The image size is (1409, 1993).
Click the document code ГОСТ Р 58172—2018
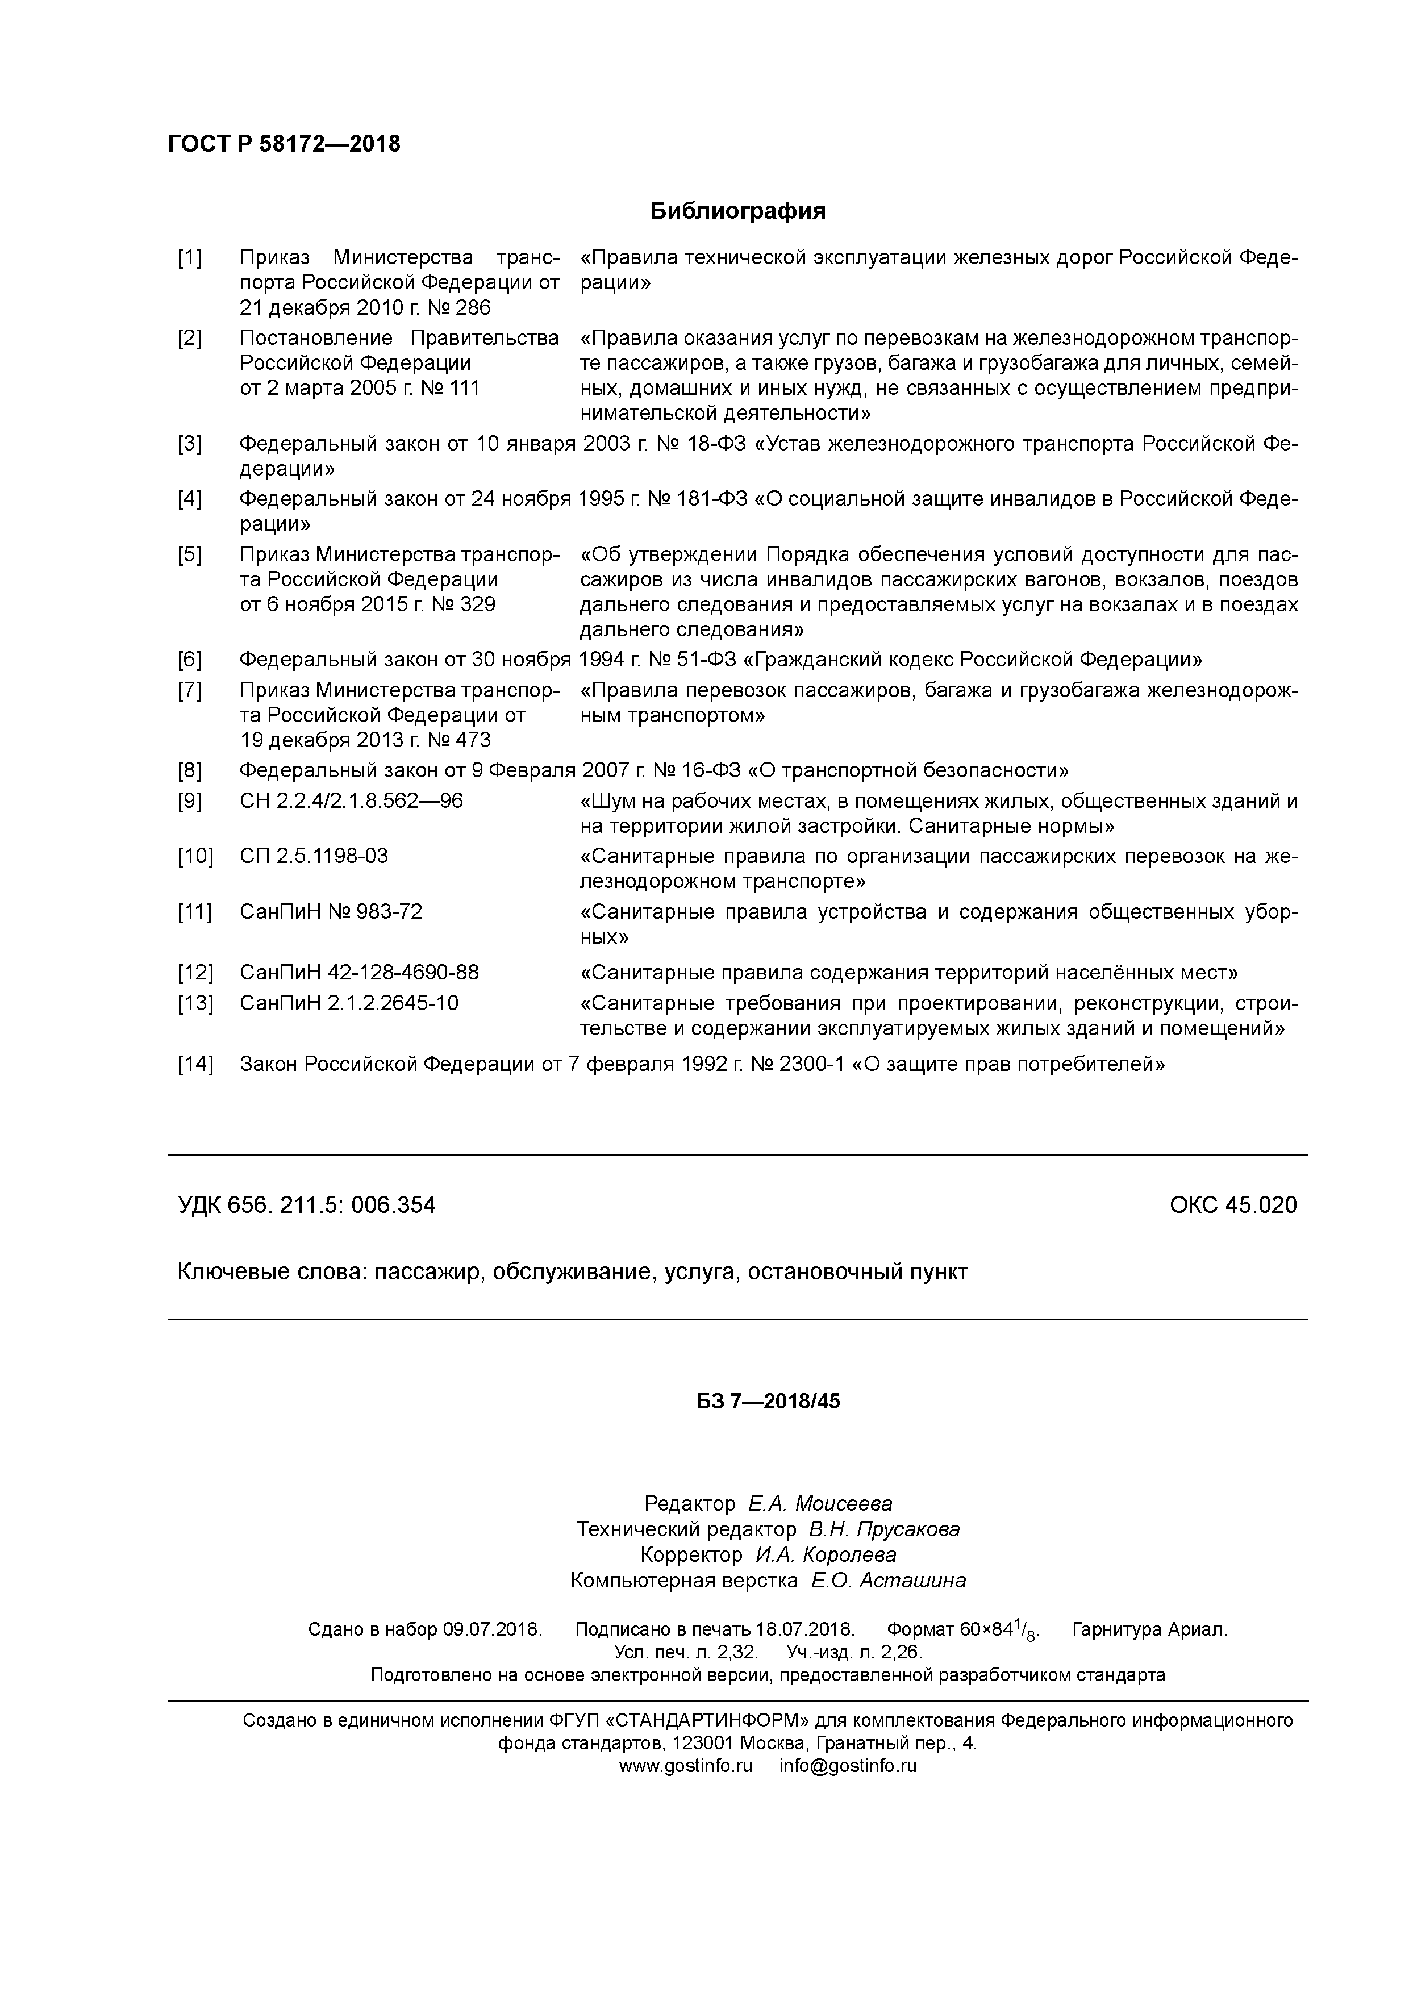[284, 144]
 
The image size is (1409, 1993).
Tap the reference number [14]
[194, 1064]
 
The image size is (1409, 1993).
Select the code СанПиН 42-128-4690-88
[358, 972]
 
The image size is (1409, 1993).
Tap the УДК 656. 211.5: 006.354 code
[306, 1205]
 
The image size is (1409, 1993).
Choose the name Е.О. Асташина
[888, 1581]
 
